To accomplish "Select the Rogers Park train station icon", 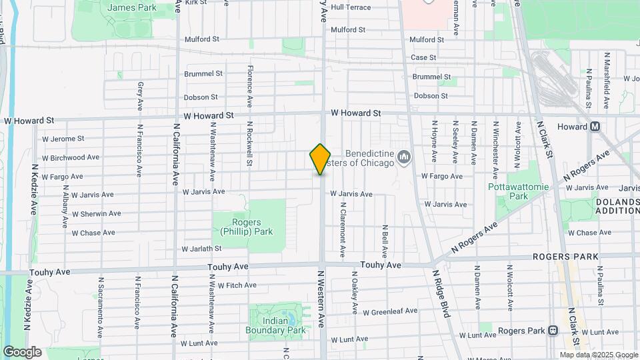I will pos(553,330).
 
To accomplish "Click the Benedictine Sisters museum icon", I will pos(403,157).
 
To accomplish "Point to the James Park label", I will pos(131,7).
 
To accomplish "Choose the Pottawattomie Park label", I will pos(518,191).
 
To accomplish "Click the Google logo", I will pos(22,351).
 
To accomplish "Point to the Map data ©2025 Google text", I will pos(597,355).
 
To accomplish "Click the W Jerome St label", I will pos(63,139).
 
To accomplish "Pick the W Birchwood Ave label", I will pos(70,157).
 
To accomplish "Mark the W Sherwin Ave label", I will pos(96,213).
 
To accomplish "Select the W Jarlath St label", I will pos(201,249).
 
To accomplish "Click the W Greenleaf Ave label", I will pos(390,311).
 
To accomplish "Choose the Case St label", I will pos(423,58).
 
